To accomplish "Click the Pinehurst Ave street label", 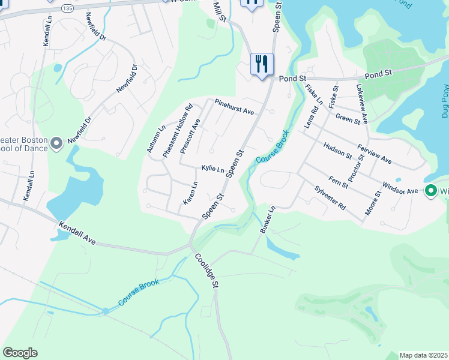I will [235, 107].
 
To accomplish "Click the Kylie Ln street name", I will [212, 169].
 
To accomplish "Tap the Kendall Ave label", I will [77, 233].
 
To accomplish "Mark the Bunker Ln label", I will [267, 220].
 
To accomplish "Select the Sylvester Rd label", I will [330, 197].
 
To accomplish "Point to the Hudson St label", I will [337, 151].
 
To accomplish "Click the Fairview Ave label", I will [374, 154].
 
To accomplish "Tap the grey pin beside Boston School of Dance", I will [56, 143].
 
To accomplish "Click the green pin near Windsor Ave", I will [430, 191].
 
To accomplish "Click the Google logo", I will [20, 353].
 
